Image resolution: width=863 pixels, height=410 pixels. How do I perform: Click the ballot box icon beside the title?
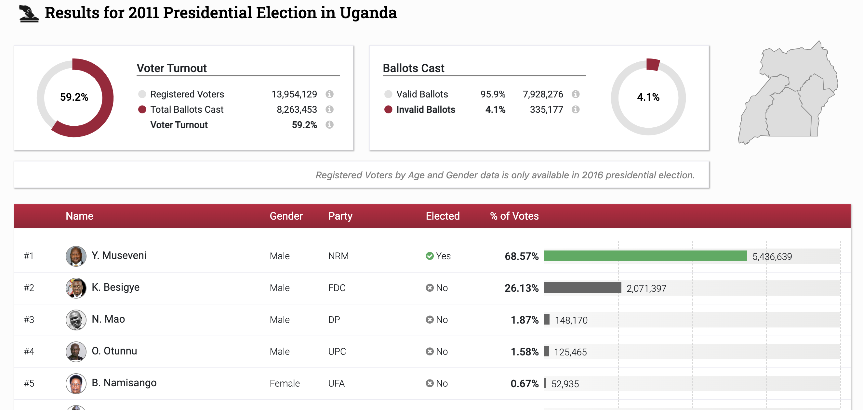29,14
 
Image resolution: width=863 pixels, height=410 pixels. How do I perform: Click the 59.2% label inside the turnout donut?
74,97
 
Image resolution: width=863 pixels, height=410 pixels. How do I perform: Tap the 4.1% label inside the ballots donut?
648,97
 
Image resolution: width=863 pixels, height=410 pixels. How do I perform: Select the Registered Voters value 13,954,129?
294,94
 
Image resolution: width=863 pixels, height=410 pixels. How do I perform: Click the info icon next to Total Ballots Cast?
329,109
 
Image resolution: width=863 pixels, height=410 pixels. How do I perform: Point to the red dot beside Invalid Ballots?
388,109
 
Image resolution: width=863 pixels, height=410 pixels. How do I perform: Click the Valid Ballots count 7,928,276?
542,94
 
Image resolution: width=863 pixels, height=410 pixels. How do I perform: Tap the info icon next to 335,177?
575,109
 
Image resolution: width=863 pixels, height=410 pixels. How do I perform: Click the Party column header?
340,216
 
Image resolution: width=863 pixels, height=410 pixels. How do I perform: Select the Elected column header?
442,216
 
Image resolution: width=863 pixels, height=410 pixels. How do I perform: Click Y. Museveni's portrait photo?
76,256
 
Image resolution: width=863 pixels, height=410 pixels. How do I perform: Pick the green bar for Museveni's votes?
645,256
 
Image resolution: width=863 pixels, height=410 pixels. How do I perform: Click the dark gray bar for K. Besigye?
582,288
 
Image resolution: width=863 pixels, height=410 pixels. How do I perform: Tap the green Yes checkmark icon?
430,256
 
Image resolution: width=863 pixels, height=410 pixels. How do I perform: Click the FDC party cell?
337,288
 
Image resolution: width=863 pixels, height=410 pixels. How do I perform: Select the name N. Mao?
108,319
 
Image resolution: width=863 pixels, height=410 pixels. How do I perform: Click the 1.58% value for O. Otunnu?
524,352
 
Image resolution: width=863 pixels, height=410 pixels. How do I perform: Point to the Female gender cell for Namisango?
285,383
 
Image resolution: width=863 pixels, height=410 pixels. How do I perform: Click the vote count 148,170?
571,320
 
